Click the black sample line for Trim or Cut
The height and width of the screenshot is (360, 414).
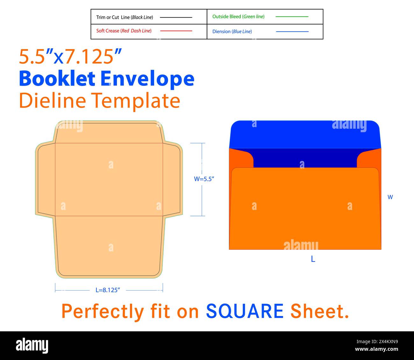tap(176, 18)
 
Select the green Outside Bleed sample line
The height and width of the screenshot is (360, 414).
tap(292, 17)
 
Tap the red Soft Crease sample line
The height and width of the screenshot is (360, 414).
tap(176, 31)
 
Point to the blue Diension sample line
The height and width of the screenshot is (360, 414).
tap(292, 32)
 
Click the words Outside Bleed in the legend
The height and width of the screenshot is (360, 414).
tap(227, 17)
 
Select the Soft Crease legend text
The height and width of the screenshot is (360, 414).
tap(108, 31)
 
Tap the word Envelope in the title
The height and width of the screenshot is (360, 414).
tap(147, 80)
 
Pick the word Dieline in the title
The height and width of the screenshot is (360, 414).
tap(53, 100)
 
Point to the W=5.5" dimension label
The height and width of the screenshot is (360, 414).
tap(204, 179)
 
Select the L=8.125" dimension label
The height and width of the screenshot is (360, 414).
tap(108, 290)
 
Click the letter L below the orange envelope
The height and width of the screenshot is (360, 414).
tap(313, 259)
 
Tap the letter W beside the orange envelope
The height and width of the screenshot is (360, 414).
tap(390, 197)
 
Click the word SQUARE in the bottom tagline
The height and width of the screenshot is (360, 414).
tap(245, 311)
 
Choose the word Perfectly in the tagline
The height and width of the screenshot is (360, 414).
tap(103, 312)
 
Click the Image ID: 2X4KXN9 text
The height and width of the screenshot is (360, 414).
tap(377, 342)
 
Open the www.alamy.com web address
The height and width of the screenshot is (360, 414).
tap(376, 349)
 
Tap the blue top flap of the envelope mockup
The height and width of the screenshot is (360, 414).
tap(305, 134)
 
